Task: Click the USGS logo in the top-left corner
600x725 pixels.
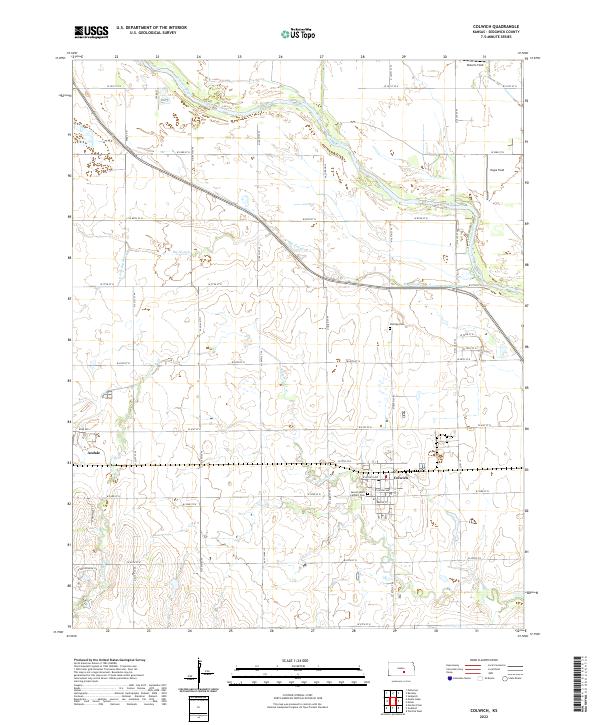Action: click(x=91, y=33)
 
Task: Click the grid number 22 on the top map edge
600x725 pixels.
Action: click(x=117, y=57)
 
